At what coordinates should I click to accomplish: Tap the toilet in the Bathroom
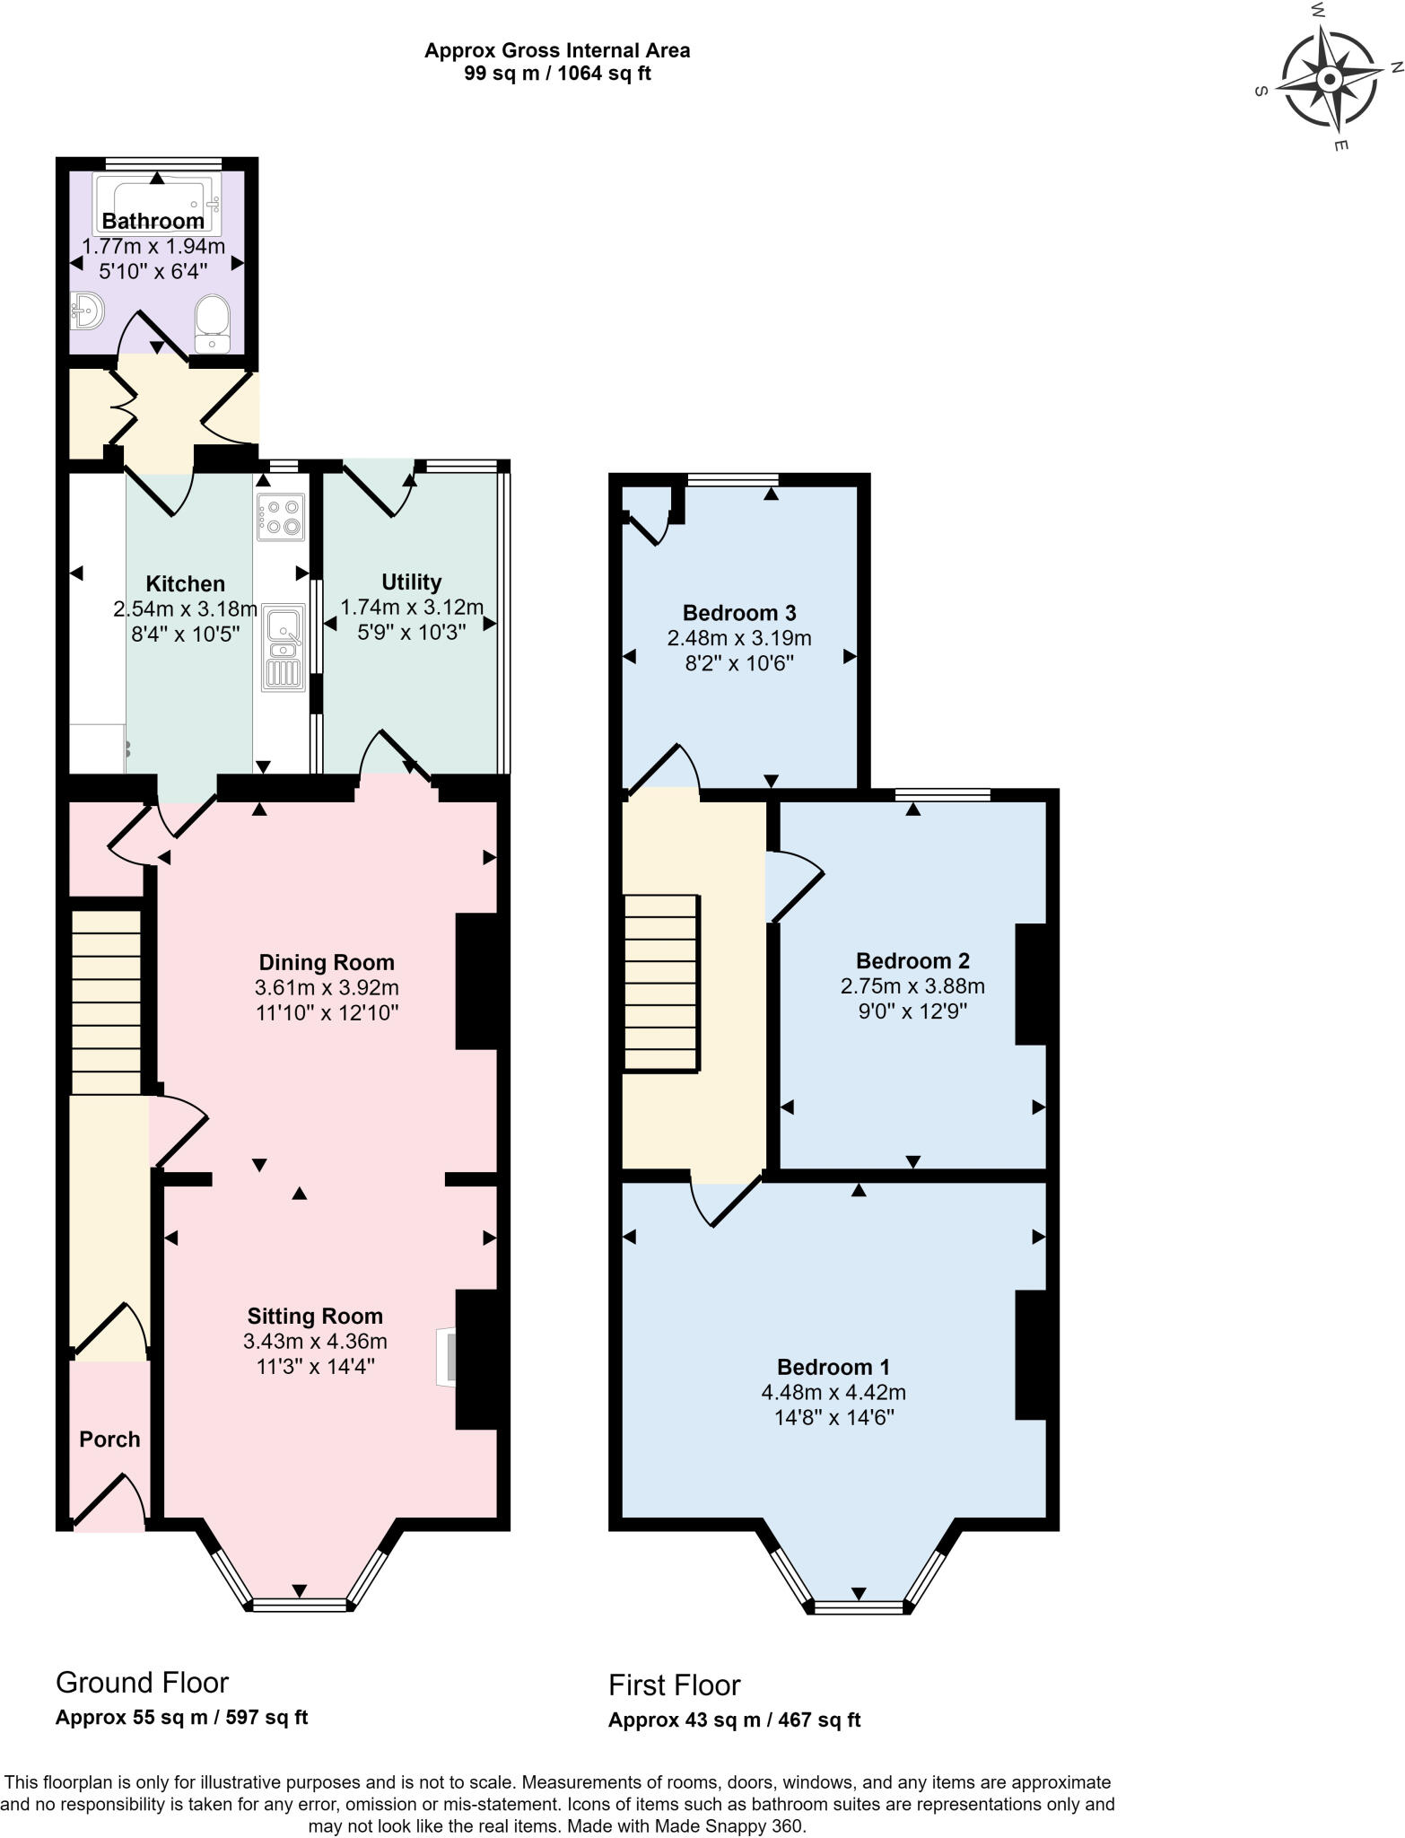[213, 323]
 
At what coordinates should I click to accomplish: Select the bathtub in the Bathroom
[157, 204]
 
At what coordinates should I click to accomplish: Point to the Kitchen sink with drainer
[283, 646]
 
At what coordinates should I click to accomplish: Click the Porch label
[109, 1440]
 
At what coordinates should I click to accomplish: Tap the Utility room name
[411, 582]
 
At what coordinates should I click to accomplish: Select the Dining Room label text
[327, 963]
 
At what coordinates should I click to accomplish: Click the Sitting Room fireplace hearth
[446, 1358]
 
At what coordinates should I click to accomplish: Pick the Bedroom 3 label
[739, 613]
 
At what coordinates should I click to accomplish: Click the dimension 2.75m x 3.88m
[912, 986]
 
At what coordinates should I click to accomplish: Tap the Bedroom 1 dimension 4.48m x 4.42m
[833, 1393]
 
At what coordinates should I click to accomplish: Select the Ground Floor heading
[142, 1682]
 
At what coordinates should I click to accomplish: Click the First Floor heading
[674, 1685]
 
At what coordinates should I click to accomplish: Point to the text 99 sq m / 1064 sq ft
[557, 74]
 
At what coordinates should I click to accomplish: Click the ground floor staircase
[106, 1002]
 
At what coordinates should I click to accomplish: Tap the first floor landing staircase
[660, 983]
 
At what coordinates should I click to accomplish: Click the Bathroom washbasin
[88, 311]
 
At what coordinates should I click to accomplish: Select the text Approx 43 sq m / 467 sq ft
[734, 1720]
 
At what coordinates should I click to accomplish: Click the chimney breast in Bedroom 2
[1031, 984]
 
